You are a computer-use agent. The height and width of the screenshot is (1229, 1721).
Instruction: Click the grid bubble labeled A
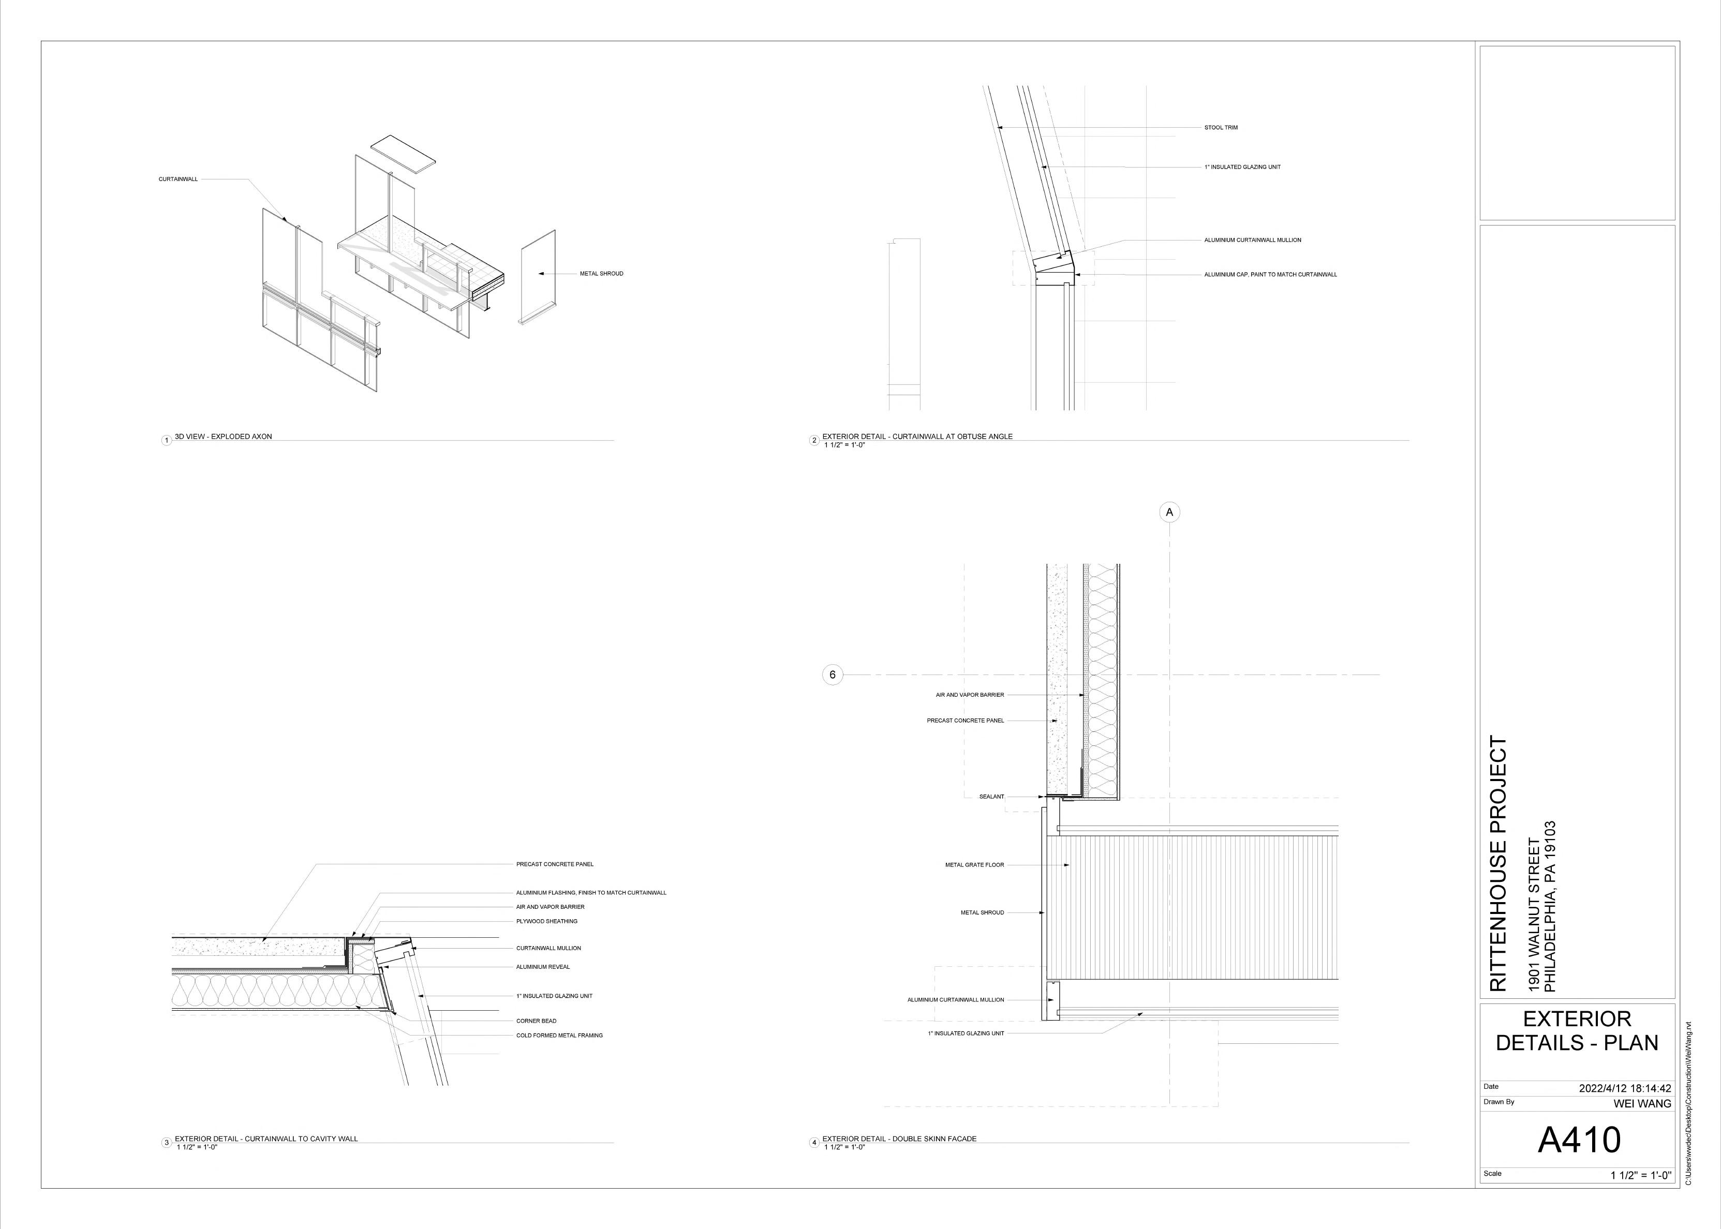click(1169, 512)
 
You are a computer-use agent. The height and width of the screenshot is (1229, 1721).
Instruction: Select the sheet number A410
click(1579, 1139)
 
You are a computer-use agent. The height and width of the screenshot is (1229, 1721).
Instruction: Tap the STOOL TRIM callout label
click(1221, 128)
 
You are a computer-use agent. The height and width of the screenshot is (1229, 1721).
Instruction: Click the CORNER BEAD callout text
click(536, 1021)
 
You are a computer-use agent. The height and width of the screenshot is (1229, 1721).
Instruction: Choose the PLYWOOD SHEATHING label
click(546, 922)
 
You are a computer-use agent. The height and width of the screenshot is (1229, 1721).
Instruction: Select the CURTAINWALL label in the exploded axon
click(178, 179)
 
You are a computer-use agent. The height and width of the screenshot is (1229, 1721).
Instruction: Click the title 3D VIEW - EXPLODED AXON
click(223, 437)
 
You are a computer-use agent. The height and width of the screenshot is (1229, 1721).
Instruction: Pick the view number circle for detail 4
click(814, 1143)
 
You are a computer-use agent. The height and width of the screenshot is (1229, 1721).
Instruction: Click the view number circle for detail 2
click(814, 440)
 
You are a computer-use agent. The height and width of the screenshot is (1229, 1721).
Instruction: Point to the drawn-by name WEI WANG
click(1642, 1103)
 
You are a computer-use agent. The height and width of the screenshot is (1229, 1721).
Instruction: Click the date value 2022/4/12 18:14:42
click(1625, 1088)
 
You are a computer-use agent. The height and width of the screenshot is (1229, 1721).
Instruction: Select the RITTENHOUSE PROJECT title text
click(1499, 863)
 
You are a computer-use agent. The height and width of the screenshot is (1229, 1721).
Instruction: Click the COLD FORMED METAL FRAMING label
click(559, 1035)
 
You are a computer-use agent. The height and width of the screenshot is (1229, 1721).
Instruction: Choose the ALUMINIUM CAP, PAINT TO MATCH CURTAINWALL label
click(1270, 275)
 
